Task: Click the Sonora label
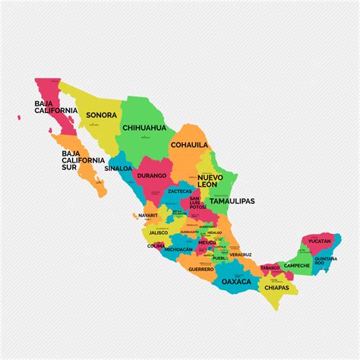[101, 115]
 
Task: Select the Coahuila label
[189, 144]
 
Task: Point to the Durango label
[150, 175]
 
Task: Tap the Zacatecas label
[180, 192]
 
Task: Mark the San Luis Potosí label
[196, 204]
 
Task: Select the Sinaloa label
[118, 168]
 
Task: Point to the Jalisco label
[158, 232]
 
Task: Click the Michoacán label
[179, 249]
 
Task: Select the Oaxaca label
[236, 281]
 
